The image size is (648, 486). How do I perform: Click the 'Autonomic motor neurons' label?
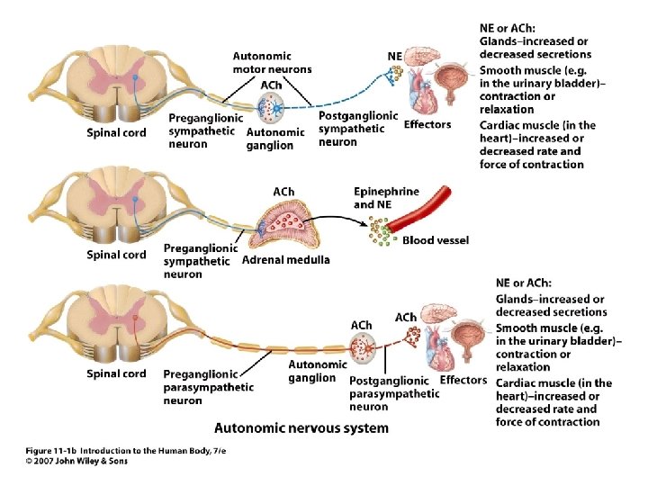(272, 61)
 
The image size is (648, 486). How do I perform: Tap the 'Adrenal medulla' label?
(286, 260)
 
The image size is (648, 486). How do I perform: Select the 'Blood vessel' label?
(436, 240)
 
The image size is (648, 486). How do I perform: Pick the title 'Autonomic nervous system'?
(301, 428)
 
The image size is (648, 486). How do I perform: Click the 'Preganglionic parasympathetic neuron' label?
(208, 387)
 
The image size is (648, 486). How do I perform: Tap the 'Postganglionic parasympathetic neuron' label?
(393, 393)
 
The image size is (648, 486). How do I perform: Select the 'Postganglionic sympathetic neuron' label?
(357, 128)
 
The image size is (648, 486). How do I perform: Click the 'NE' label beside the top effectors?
(394, 56)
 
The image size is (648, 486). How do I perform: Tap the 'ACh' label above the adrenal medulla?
(283, 191)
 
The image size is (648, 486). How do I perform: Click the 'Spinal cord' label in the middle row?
(116, 255)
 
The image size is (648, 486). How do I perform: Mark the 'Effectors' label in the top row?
(427, 124)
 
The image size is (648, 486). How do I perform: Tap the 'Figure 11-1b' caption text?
(52, 449)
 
